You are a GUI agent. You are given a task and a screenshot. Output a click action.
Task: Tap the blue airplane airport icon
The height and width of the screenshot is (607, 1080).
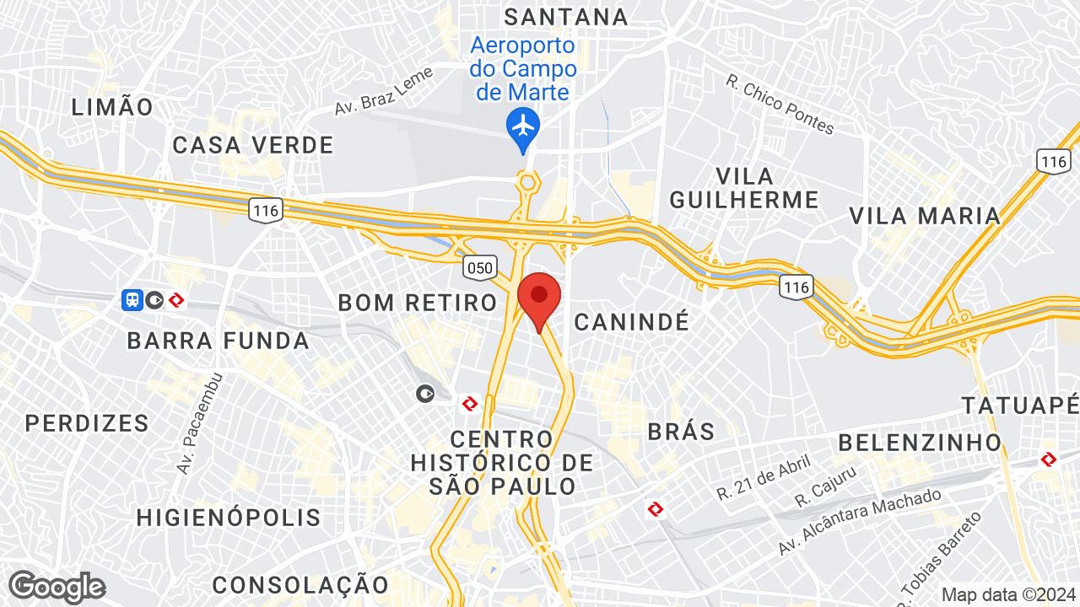pyautogui.click(x=523, y=127)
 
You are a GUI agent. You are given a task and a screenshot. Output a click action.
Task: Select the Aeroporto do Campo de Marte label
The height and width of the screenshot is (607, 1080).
pyautogui.click(x=523, y=68)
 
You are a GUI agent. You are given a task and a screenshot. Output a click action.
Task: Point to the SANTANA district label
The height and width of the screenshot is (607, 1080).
pyautogui.click(x=566, y=16)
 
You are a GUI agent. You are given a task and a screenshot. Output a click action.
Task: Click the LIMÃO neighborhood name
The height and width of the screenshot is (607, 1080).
pyautogui.click(x=113, y=107)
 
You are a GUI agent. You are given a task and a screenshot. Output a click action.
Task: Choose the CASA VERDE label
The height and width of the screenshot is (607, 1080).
pyautogui.click(x=253, y=145)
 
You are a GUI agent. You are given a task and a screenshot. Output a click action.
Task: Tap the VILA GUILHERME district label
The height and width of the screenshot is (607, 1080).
pyautogui.click(x=767, y=188)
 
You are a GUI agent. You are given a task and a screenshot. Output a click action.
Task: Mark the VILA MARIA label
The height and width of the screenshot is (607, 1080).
pyautogui.click(x=925, y=216)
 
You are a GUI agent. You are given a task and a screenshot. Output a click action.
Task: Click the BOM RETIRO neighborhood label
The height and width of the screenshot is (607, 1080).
pyautogui.click(x=418, y=303)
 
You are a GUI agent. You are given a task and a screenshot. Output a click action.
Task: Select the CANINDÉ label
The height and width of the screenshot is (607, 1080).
pyautogui.click(x=632, y=321)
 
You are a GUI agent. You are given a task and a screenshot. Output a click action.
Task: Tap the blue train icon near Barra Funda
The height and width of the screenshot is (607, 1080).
pyautogui.click(x=132, y=299)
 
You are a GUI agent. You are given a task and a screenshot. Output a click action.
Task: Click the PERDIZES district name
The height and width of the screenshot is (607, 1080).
pyautogui.click(x=87, y=422)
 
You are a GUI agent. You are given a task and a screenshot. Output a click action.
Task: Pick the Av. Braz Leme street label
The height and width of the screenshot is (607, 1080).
pyautogui.click(x=384, y=91)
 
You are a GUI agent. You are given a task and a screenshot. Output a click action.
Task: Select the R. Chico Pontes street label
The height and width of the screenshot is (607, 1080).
pyautogui.click(x=780, y=105)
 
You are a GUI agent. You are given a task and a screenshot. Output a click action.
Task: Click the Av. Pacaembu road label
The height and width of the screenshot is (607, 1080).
pyautogui.click(x=199, y=422)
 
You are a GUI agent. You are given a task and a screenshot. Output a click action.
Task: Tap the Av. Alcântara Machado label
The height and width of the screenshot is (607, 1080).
pyautogui.click(x=860, y=522)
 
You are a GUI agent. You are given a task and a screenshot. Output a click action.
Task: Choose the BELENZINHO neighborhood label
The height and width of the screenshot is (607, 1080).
pyautogui.click(x=920, y=442)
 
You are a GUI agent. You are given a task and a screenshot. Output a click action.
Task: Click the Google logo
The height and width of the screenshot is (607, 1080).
pyautogui.click(x=57, y=587)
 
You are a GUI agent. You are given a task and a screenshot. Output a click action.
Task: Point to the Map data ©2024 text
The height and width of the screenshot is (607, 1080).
pyautogui.click(x=1007, y=594)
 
